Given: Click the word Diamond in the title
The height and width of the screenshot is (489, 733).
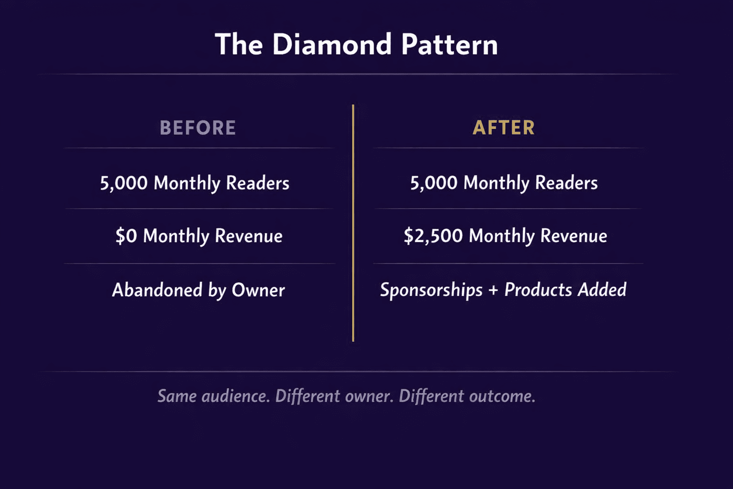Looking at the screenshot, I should click(x=332, y=44).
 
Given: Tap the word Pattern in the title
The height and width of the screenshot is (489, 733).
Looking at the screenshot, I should click(x=449, y=44).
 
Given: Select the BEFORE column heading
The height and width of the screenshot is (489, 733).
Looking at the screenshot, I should click(x=198, y=128).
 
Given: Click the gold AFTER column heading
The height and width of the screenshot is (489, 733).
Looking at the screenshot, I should click(x=503, y=128).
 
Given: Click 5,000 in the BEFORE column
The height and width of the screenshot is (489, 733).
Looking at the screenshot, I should click(x=124, y=183).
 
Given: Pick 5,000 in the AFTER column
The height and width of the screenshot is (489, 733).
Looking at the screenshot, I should click(x=434, y=183).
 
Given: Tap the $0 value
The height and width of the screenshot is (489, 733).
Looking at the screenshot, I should click(x=126, y=236).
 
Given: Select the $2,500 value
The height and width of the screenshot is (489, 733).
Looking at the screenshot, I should click(x=433, y=236).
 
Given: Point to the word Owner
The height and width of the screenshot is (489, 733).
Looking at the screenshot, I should click(x=258, y=290).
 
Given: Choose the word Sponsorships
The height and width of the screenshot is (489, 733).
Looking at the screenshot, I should click(x=431, y=290).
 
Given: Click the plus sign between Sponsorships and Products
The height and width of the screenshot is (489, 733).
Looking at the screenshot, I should click(x=493, y=290).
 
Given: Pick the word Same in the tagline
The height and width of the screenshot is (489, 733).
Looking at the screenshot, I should click(x=177, y=396).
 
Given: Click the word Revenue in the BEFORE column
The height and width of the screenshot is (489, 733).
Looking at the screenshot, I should click(x=248, y=236).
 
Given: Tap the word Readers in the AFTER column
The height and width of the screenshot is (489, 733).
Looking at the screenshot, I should click(x=566, y=183).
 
